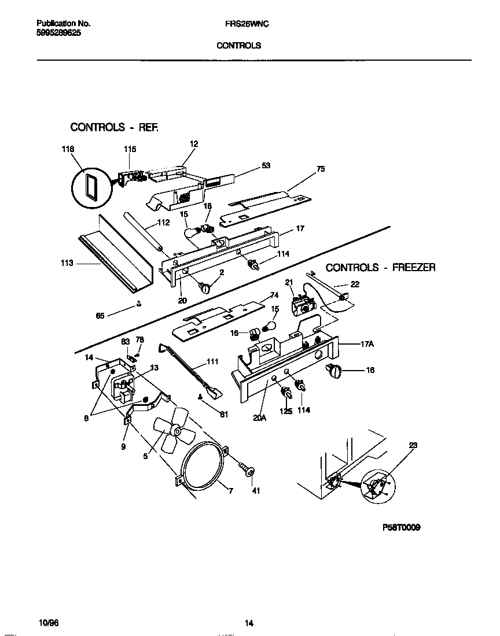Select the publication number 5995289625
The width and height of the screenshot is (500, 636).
pyautogui.click(x=58, y=33)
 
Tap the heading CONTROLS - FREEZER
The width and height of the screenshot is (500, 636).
pyautogui.click(x=380, y=268)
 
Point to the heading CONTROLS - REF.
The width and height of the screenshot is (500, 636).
pyautogui.click(x=113, y=127)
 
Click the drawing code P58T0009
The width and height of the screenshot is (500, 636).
pyautogui.click(x=401, y=527)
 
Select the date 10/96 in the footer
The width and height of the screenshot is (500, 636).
pyautogui.click(x=49, y=623)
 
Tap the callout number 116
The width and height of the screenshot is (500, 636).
pyautogui.click(x=68, y=150)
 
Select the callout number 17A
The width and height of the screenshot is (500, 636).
pyautogui.click(x=367, y=344)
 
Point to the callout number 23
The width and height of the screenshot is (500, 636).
pyautogui.click(x=413, y=445)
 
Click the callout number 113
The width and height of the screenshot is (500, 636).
pyautogui.click(x=67, y=264)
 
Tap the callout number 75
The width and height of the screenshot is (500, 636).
pyautogui.click(x=321, y=169)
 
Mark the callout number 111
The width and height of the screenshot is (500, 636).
pyautogui.click(x=212, y=362)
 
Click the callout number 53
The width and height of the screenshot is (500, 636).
pyautogui.click(x=266, y=165)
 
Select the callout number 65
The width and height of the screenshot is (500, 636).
pyautogui.click(x=100, y=316)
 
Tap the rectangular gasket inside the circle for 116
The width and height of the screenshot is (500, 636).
pyautogui.click(x=90, y=188)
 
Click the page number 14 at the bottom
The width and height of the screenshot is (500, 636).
pyautogui.click(x=249, y=623)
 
